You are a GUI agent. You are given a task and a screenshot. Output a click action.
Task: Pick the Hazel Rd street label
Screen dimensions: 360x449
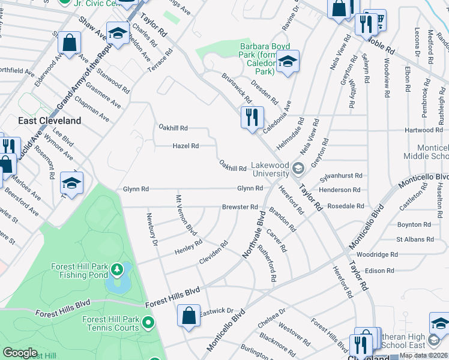pyautogui.click(x=185, y=146)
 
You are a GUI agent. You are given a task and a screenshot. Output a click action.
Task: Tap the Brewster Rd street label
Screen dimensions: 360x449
pyautogui.click(x=240, y=206)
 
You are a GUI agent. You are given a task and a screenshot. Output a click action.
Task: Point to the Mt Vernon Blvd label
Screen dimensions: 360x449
pyautogui.click(x=186, y=214)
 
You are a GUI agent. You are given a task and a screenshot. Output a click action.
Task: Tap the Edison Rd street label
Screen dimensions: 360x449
pyautogui.click(x=379, y=271)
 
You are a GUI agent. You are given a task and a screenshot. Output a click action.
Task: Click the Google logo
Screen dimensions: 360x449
pyautogui.click(x=20, y=353)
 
